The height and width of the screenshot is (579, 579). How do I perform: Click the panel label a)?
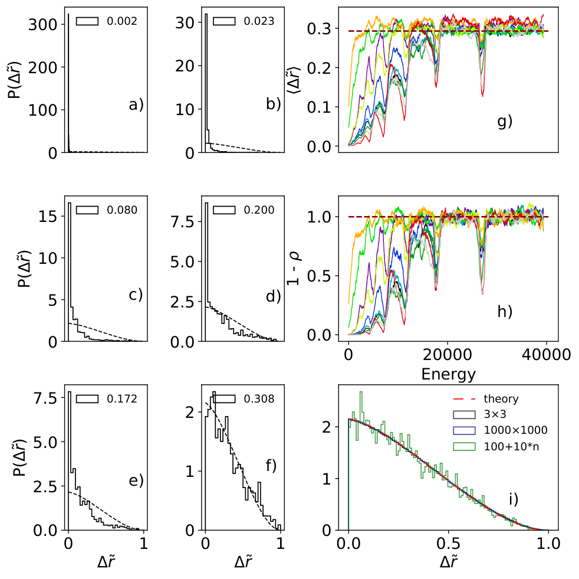(136, 105)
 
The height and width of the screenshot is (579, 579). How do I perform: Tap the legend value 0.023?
(259, 21)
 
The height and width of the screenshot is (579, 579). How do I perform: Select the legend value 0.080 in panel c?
(122, 210)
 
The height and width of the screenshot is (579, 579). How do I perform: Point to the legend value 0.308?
(259, 399)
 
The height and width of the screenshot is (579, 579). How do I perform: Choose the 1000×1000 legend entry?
(501, 430)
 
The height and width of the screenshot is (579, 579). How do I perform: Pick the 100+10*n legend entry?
(496, 447)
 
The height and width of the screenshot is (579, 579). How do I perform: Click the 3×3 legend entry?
(480, 414)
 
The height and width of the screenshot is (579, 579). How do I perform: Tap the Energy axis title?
(448, 374)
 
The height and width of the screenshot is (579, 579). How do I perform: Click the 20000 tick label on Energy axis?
(447, 355)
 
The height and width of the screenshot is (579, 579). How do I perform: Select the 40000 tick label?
(546, 355)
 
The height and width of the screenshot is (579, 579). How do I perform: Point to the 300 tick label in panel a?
(43, 25)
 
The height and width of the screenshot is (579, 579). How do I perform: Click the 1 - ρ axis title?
(294, 268)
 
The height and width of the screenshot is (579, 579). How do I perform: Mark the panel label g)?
(505, 122)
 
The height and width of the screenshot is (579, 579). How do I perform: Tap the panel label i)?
(514, 499)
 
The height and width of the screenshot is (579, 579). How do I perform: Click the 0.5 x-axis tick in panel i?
(448, 544)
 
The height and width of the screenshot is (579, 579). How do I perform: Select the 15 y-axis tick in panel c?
(48, 216)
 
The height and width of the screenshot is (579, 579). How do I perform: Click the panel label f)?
(271, 466)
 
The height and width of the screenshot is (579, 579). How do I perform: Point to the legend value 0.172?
(122, 399)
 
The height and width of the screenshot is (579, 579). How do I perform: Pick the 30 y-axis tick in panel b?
(185, 23)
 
